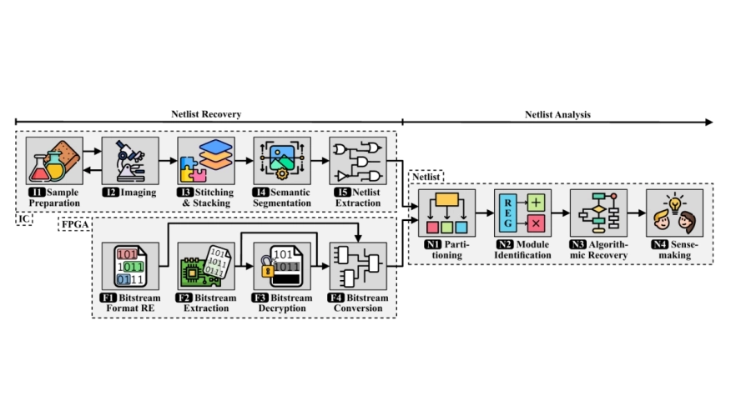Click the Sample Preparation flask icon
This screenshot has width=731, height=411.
tap(55, 161)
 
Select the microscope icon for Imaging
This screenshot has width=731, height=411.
tap(130, 161)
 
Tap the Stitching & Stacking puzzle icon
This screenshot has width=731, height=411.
tap(206, 161)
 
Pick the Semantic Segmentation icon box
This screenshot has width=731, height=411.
tap(282, 161)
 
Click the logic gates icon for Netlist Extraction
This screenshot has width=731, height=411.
tap(358, 161)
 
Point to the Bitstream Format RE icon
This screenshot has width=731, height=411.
tap(130, 266)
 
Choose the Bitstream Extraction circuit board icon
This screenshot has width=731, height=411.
tap(206, 266)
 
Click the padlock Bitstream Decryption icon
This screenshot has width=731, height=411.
tap(282, 266)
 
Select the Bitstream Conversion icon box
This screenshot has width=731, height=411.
tap(358, 266)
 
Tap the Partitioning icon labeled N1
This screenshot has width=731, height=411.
tap(447, 213)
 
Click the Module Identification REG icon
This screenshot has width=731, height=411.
tap(522, 213)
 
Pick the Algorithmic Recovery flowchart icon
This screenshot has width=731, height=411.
tap(598, 213)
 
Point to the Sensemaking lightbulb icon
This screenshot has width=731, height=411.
tap(674, 213)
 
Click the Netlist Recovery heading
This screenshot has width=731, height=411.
tap(206, 114)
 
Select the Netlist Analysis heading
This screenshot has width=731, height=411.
tap(557, 114)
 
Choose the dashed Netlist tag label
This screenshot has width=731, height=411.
tap(426, 177)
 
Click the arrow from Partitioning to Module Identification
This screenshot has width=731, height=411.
tap(485, 213)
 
